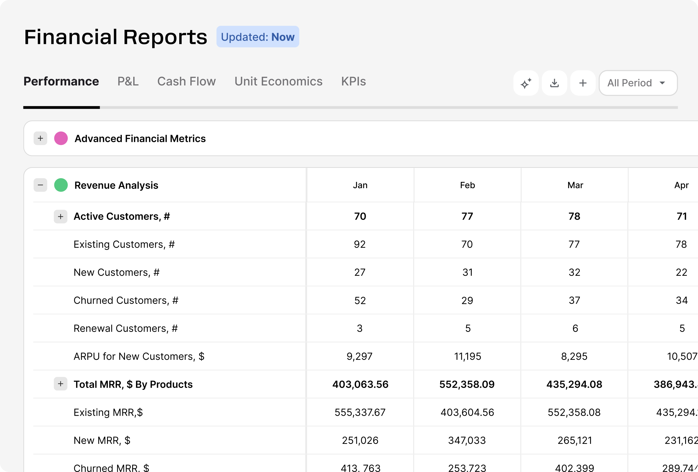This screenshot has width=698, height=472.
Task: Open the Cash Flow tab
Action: pyautogui.click(x=186, y=82)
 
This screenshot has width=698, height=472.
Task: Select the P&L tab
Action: pyautogui.click(x=128, y=82)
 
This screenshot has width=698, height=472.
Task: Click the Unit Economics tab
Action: pyautogui.click(x=278, y=82)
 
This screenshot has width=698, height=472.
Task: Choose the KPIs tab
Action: pyautogui.click(x=353, y=82)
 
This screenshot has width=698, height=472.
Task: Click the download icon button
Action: pyautogui.click(x=554, y=83)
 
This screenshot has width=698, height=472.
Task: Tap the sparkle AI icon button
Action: pyautogui.click(x=526, y=83)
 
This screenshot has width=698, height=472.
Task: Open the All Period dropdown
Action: pyautogui.click(x=638, y=83)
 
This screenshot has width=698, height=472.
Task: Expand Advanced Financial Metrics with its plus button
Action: pyautogui.click(x=40, y=139)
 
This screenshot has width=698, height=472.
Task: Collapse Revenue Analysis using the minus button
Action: pyautogui.click(x=40, y=185)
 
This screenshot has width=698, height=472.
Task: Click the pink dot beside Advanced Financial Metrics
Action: pyautogui.click(x=61, y=139)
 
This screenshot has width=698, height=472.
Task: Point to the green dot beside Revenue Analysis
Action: pyautogui.click(x=61, y=185)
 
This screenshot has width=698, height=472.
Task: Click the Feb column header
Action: pyautogui.click(x=467, y=185)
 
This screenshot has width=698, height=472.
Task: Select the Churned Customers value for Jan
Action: pyautogui.click(x=360, y=301)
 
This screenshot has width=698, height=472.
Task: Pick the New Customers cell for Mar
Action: pyautogui.click(x=574, y=272)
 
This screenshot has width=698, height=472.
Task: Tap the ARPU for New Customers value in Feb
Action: pyautogui.click(x=467, y=357)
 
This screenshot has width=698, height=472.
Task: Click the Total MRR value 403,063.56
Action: pyautogui.click(x=360, y=384)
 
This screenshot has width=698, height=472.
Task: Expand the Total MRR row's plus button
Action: pyautogui.click(x=61, y=384)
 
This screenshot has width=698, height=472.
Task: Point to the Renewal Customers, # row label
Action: pyautogui.click(x=125, y=328)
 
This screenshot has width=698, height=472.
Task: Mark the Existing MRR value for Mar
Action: pyautogui.click(x=574, y=413)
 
